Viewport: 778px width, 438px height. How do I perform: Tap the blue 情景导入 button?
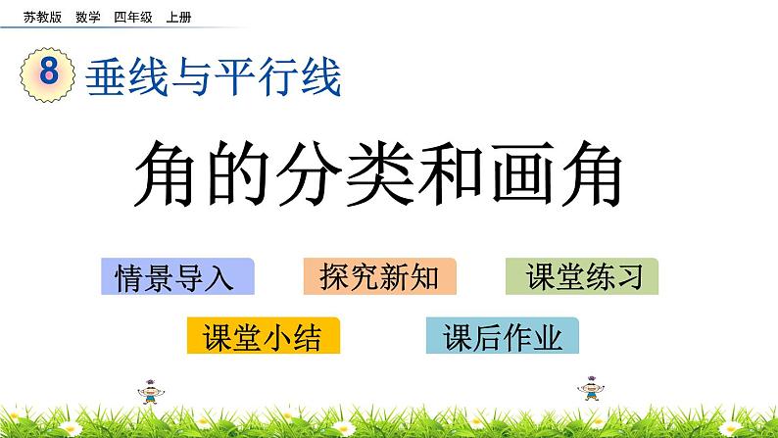pos(177,277)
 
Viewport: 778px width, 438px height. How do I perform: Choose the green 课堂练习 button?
pos(582,277)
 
